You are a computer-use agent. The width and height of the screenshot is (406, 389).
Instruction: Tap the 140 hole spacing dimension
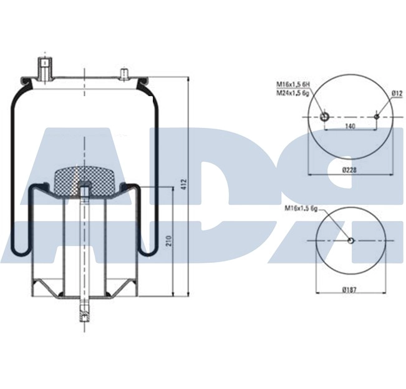click(x=350, y=126)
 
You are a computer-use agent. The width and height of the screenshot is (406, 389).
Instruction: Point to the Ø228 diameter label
click(x=350, y=169)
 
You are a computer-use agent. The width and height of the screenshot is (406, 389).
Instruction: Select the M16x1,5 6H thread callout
click(x=292, y=84)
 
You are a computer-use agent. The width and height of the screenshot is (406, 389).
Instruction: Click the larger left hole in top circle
click(x=324, y=117)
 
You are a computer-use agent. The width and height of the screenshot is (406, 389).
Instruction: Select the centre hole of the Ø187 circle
click(x=351, y=242)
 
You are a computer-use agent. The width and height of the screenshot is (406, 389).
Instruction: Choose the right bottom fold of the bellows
click(x=146, y=250)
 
